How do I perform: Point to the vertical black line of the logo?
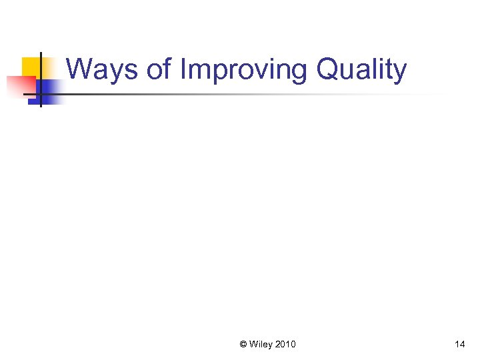[41, 80]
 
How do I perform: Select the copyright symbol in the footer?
[243, 345]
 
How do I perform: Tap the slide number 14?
[459, 345]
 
